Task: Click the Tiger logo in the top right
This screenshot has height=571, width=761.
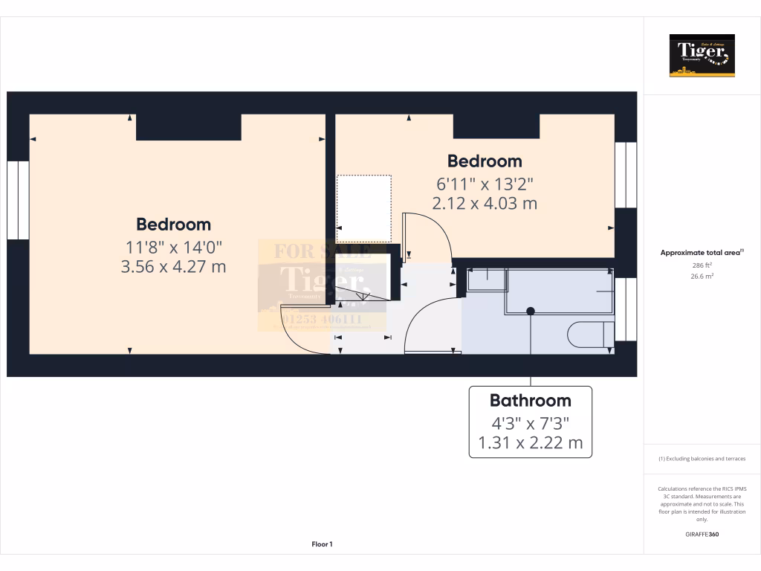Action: click(x=702, y=56)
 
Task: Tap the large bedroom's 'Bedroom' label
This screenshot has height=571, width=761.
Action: click(x=173, y=225)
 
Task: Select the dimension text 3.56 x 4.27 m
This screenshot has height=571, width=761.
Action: click(x=173, y=266)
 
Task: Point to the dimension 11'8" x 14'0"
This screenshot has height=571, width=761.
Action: click(x=173, y=246)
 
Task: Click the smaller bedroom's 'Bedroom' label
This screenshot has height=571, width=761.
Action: click(x=484, y=161)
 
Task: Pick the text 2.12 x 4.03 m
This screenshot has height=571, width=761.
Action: click(x=484, y=203)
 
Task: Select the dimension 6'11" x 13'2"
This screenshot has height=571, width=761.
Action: click(x=484, y=183)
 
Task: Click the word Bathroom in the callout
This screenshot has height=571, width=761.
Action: click(x=530, y=401)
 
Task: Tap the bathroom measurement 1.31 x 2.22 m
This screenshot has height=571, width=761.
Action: click(x=530, y=445)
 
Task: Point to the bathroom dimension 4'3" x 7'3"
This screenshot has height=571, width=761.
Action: click(x=530, y=424)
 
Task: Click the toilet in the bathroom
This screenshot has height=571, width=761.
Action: click(x=590, y=335)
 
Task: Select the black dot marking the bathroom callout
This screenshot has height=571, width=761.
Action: click(x=531, y=311)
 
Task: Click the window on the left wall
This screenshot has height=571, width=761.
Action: click(x=18, y=200)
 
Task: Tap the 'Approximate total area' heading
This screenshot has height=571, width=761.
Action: click(x=701, y=253)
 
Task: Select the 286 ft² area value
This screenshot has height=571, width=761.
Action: click(x=702, y=265)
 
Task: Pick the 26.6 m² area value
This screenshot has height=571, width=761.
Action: click(x=702, y=276)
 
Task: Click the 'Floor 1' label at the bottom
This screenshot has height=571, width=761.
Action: click(x=322, y=545)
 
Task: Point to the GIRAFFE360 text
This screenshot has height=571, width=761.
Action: click(x=702, y=534)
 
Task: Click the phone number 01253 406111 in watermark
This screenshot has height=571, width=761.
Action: click(x=322, y=319)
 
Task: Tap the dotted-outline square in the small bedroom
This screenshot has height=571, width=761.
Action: click(x=363, y=208)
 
